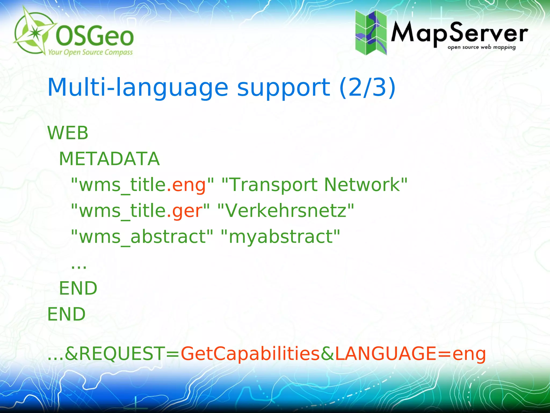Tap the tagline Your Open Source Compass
[x=90, y=52]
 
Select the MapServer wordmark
[x=459, y=34]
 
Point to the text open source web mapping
[x=482, y=48]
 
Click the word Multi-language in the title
[x=138, y=87]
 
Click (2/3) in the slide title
[x=367, y=87]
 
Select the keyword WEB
[x=68, y=133]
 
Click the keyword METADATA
[x=109, y=159]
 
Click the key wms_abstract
[x=142, y=237]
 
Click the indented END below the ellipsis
[x=78, y=288]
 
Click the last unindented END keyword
[x=66, y=314]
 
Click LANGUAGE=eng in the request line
[x=410, y=354]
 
